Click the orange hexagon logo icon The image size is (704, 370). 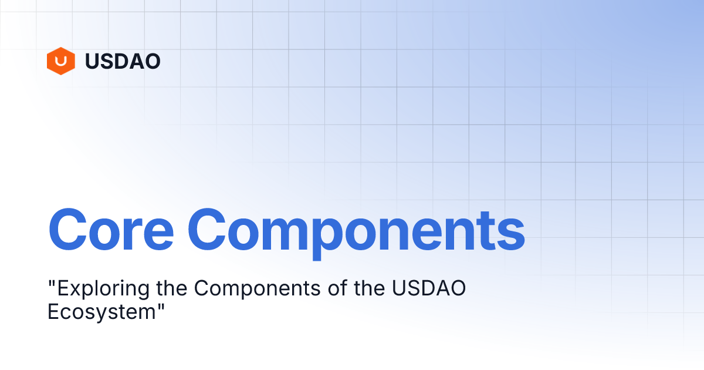(60, 61)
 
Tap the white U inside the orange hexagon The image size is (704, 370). (60, 60)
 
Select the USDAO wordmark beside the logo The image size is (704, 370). (123, 61)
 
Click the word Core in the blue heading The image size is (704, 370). (111, 228)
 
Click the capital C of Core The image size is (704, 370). (69, 228)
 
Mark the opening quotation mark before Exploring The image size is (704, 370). (50, 284)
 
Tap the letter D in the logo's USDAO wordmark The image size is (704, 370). (123, 61)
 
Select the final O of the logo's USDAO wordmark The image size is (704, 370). (153, 61)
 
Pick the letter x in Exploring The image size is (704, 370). (68, 290)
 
